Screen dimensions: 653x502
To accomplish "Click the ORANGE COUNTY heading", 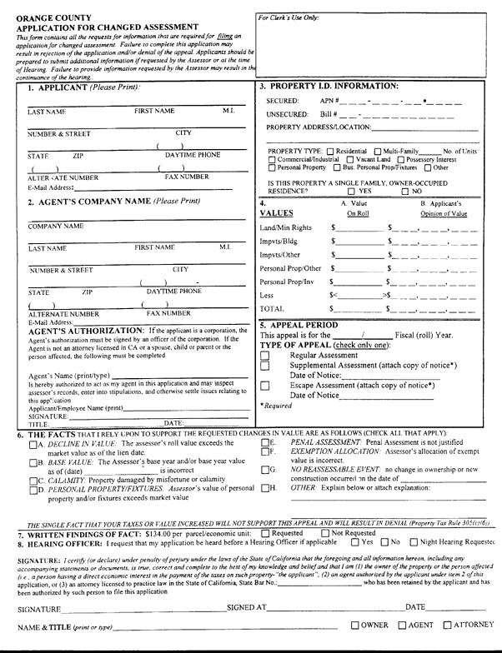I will point(48,17).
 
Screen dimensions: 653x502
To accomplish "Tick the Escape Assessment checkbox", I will point(265,386).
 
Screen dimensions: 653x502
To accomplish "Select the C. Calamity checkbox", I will point(25,481).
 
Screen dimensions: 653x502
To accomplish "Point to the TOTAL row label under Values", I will point(274,308).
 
